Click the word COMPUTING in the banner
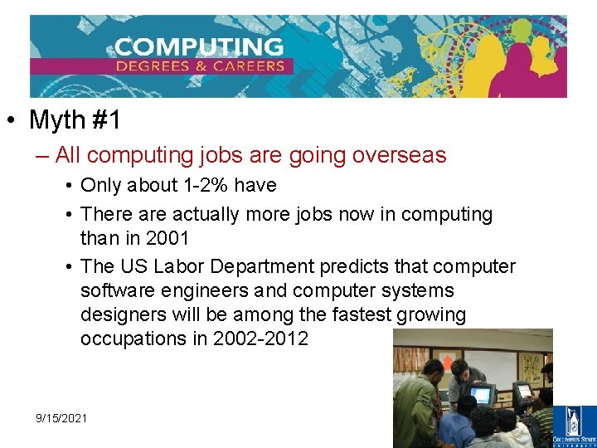pyautogui.click(x=199, y=46)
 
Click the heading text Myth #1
pyautogui.click(x=75, y=120)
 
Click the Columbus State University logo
pyautogui.click(x=580, y=425)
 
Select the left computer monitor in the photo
pyautogui.click(x=481, y=395)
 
